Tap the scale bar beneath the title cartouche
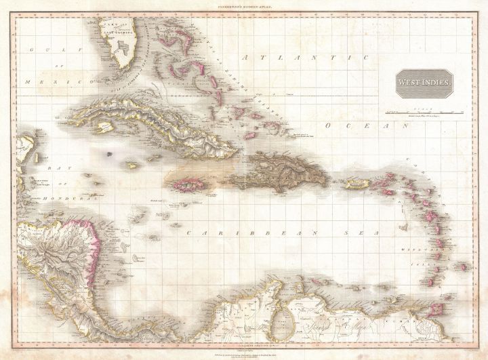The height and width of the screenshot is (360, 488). point(413,108)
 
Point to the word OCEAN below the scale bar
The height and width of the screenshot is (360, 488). point(359,127)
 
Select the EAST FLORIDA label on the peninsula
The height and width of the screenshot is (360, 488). point(116,28)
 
